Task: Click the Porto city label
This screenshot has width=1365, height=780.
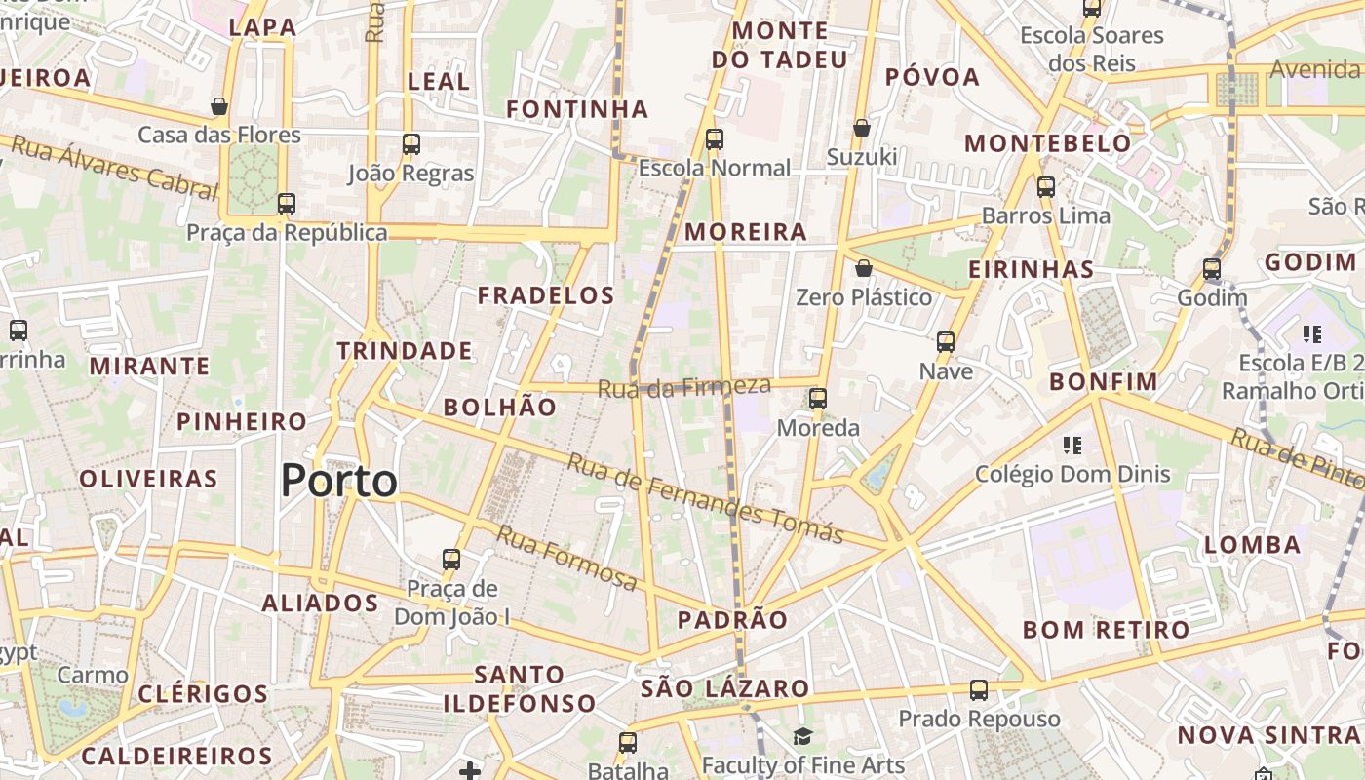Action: coord(339,481)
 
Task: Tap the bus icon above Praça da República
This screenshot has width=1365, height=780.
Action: coord(286,204)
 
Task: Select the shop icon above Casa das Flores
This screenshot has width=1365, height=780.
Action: coord(219,105)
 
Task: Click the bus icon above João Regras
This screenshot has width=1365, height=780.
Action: coord(410,144)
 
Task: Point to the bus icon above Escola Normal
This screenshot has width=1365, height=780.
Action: coord(715,138)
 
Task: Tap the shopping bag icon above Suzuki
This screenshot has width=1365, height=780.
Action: coord(862,128)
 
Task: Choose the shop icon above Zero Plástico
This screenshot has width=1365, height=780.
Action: coord(863,268)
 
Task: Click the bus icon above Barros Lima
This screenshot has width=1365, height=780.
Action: coord(1046,186)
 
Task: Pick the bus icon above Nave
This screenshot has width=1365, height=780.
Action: coord(945,342)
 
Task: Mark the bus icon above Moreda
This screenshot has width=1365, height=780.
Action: coord(818,399)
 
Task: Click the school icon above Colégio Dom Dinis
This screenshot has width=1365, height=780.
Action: coord(1072,446)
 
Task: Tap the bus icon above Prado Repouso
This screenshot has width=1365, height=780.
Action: coord(979,690)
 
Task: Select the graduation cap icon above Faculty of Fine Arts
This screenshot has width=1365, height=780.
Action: coord(802,736)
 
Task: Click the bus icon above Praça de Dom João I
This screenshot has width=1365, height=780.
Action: coord(450,560)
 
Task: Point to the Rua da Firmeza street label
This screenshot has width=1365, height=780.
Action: coord(683,387)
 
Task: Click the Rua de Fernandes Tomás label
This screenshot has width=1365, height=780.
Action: coord(704,498)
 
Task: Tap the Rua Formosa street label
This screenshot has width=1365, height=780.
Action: coord(566,558)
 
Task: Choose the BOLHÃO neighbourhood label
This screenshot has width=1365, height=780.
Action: coord(500,408)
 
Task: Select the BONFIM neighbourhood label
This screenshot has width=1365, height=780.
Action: coord(1104,382)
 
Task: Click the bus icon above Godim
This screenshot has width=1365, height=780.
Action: coord(1212,269)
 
